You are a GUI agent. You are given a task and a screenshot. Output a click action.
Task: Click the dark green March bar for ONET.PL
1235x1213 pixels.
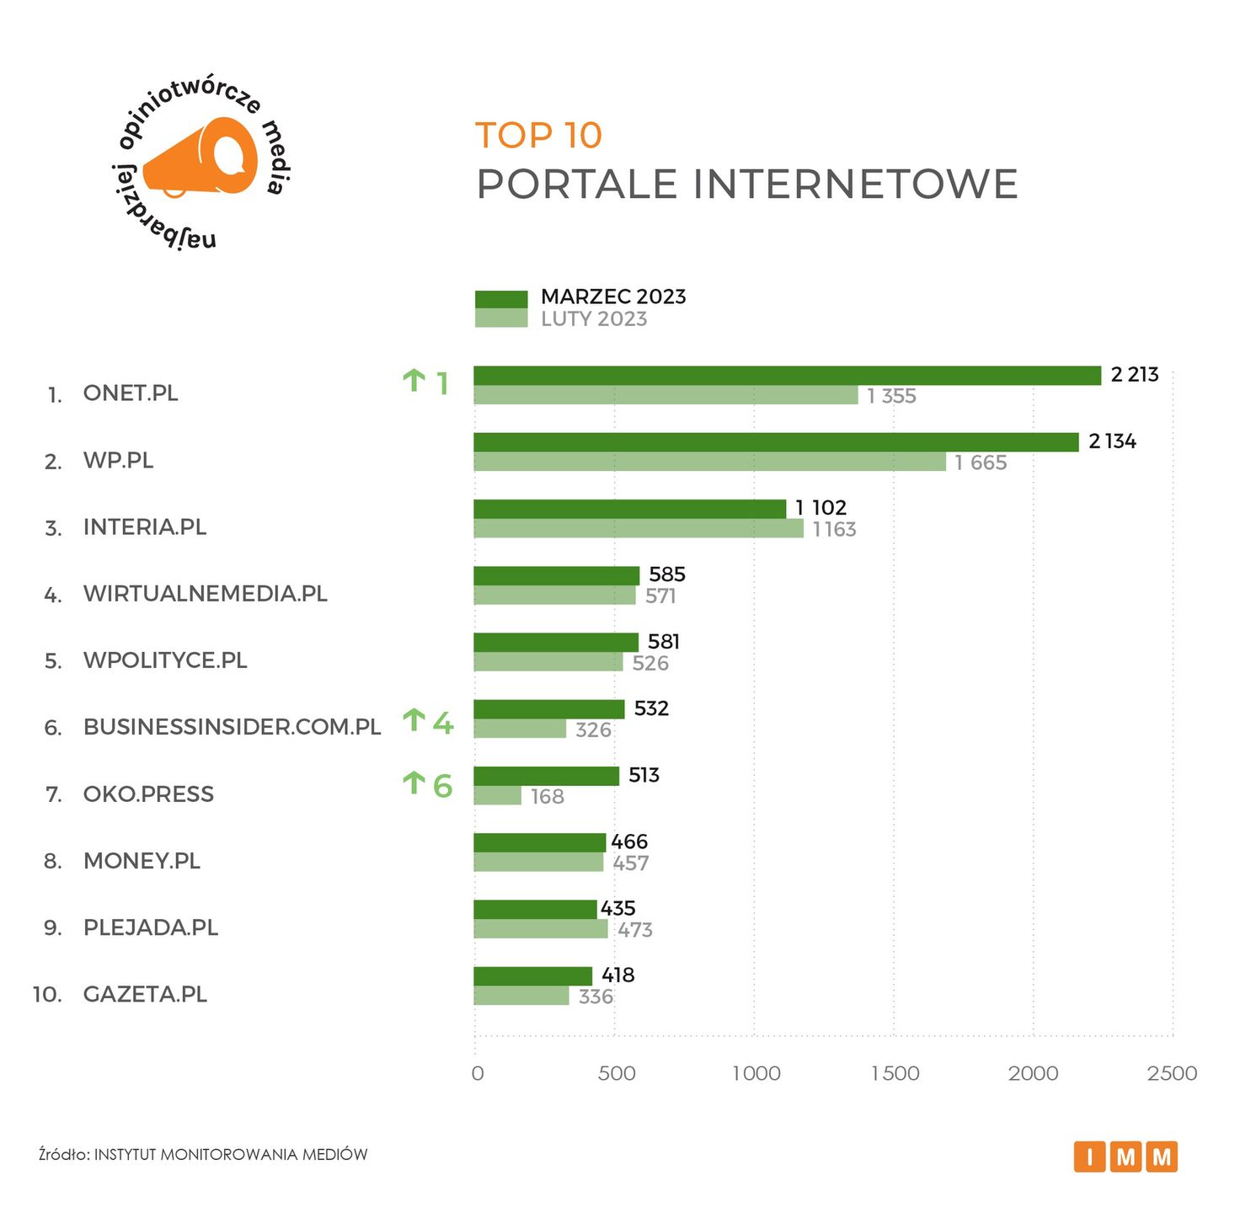pos(787,376)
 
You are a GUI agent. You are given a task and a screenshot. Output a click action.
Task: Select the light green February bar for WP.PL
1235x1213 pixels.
pos(709,462)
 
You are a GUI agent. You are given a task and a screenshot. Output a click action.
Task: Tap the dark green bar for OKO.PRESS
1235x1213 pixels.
pos(546,776)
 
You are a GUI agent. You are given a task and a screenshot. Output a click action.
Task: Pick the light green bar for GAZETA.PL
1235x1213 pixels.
pos(521,996)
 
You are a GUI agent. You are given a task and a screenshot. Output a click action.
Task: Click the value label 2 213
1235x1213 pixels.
pos(1134,375)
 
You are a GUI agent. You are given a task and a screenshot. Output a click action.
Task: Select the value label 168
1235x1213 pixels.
pos(547,796)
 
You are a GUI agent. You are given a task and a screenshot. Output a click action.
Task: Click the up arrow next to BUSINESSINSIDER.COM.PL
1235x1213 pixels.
pos(414,721)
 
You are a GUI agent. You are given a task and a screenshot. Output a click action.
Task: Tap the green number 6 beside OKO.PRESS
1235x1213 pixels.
pos(442,786)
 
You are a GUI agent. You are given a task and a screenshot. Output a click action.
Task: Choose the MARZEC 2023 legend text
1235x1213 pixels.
pos(613,297)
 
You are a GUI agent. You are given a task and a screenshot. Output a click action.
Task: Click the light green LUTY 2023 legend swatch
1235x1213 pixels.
pos(501,318)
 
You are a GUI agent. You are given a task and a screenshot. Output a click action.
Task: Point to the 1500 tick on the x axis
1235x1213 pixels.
pos(895,1073)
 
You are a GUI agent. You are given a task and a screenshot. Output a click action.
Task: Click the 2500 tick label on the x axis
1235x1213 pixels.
pos(1172,1073)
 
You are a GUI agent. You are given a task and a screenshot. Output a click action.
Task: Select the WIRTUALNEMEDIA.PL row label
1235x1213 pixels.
pos(205,594)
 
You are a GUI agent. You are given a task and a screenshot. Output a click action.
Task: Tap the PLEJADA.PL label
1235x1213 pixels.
pos(150,927)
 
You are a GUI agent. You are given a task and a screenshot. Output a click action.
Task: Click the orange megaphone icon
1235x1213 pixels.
pos(201,158)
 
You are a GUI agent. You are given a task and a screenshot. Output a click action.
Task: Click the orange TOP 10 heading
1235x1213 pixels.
pos(538,136)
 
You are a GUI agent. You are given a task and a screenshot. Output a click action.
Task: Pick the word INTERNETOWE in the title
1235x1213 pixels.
pos(855,184)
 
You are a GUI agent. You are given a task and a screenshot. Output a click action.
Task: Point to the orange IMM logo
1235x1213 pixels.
pos(1125,1157)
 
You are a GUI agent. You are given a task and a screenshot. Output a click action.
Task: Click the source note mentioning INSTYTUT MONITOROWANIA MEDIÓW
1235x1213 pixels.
pos(203,1154)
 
